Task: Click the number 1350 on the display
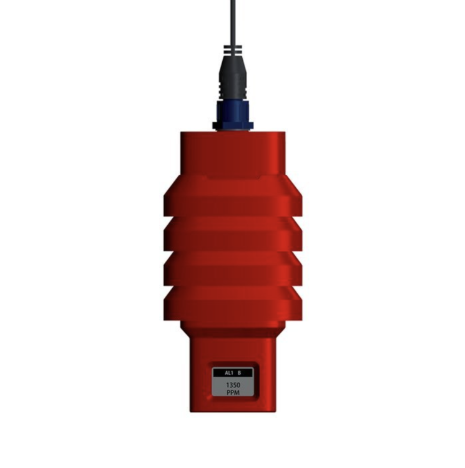pos(233,385)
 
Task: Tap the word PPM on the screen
pos(233,392)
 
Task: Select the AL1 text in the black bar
pos(228,373)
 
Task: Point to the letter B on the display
pos(239,373)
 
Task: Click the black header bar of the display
pos(233,373)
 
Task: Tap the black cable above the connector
pos(233,22)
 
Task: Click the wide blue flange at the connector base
pos(233,125)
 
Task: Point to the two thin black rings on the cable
pos(233,50)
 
